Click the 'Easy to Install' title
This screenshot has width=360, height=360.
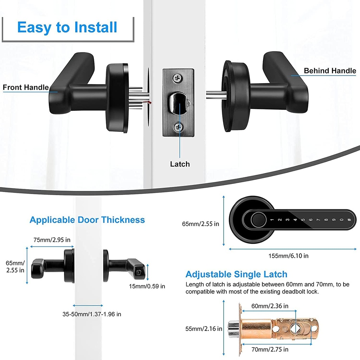(67, 27)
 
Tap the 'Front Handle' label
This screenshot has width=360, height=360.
(26, 88)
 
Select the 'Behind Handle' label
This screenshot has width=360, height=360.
(330, 71)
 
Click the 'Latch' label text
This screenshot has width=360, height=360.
(180, 164)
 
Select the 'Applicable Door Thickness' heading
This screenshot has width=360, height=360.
(87, 220)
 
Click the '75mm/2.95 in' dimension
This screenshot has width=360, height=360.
(52, 240)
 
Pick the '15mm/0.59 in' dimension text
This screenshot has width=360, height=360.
(147, 286)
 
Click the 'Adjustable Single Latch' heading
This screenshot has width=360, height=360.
(236, 274)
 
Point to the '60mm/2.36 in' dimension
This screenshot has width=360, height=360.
(270, 306)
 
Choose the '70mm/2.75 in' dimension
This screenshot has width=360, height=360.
(270, 349)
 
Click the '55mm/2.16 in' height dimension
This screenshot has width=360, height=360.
(204, 329)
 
